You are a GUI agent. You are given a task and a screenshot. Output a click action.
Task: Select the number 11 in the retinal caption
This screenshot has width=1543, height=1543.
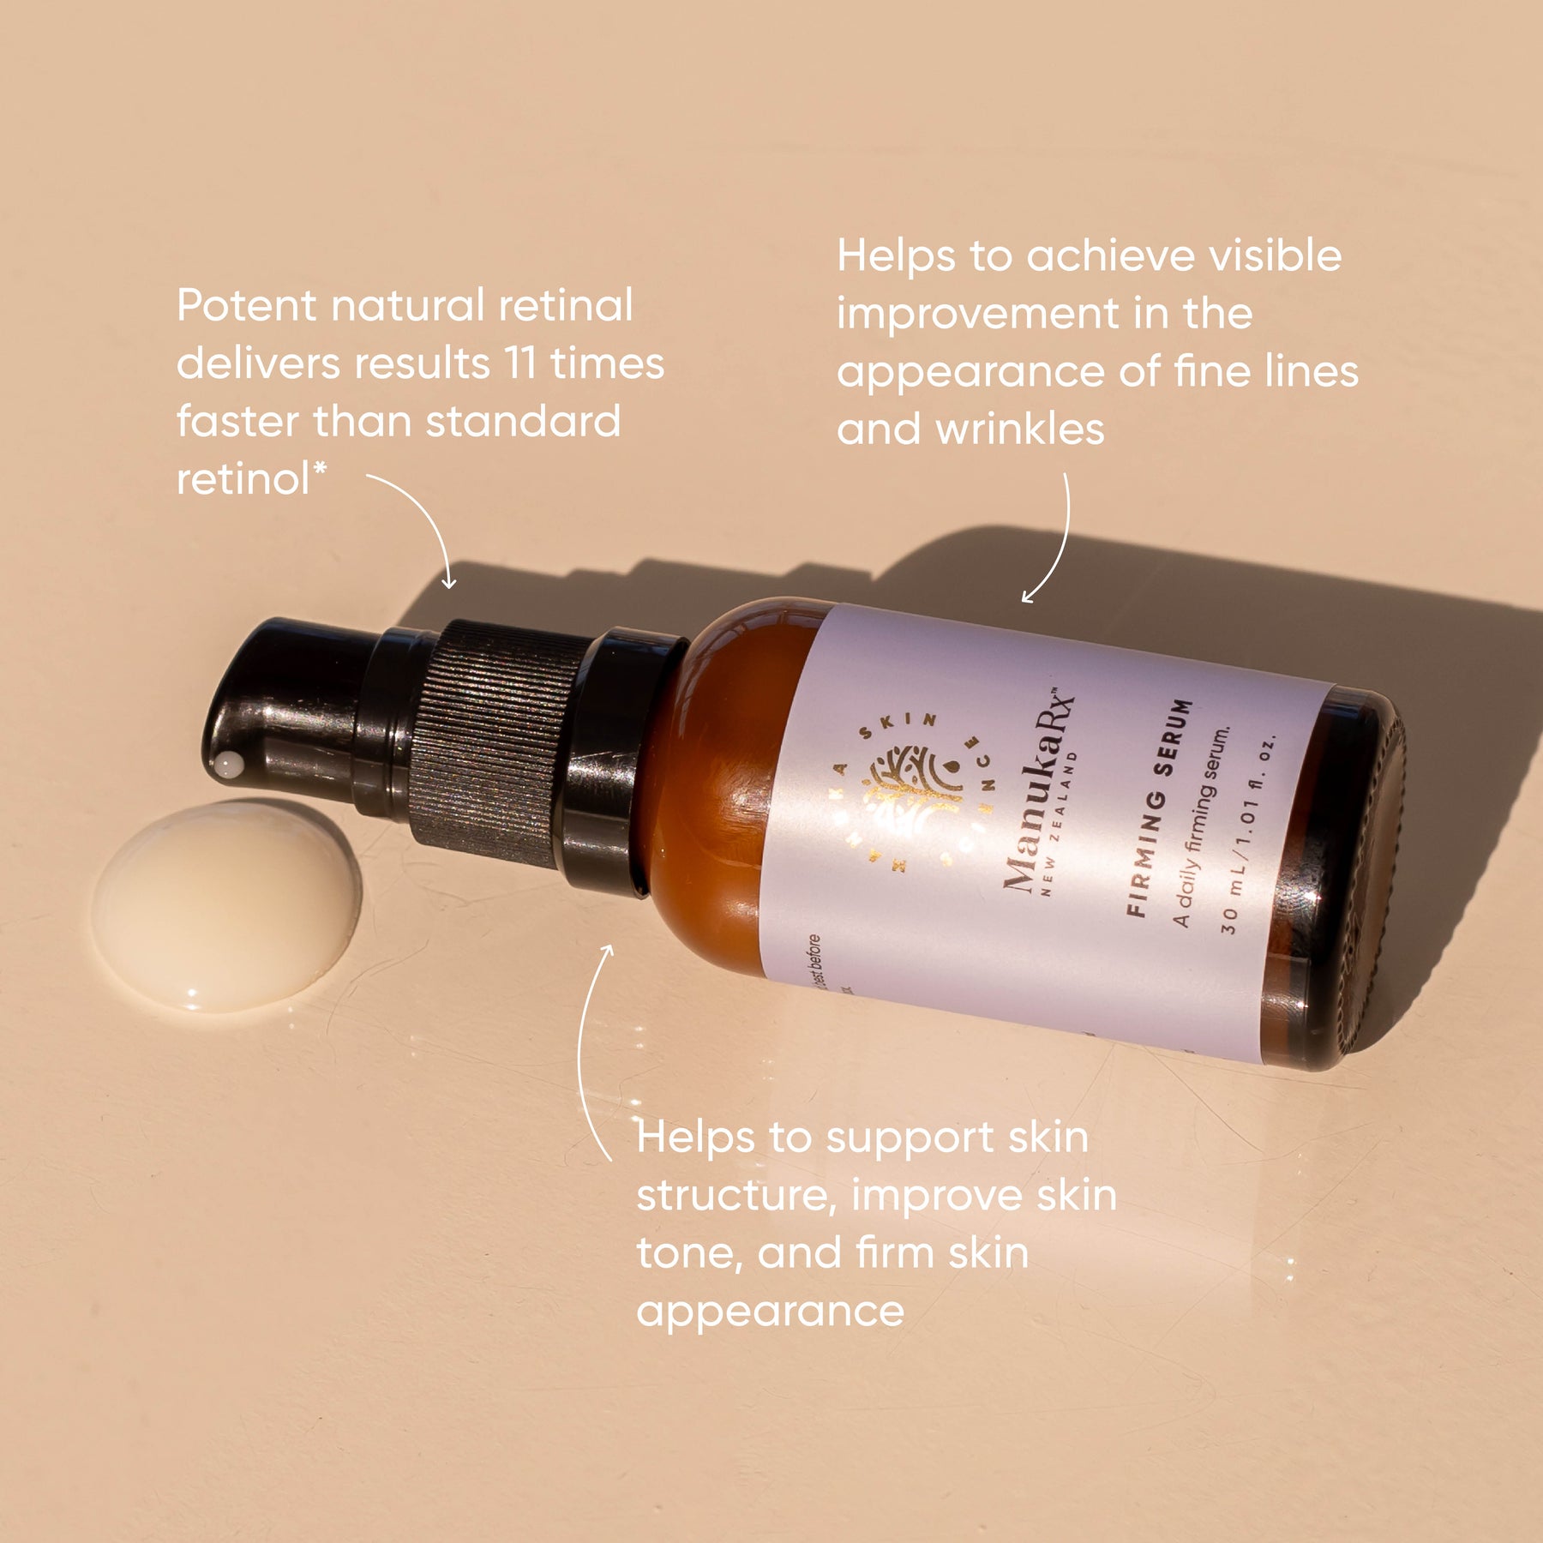[x=519, y=363]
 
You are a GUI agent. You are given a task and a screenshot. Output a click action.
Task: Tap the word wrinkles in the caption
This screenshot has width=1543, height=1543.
[x=1019, y=429]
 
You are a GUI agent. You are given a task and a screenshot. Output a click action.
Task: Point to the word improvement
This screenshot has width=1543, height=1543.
[x=977, y=314]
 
